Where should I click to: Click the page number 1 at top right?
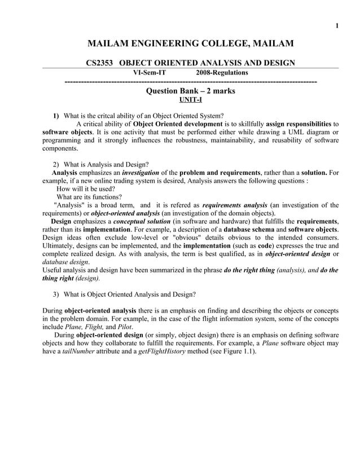pyautogui.click(x=337, y=25)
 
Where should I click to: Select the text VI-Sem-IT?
pyautogui.click(x=149, y=72)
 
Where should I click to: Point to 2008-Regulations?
pyautogui.click(x=222, y=72)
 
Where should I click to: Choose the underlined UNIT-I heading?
pyautogui.click(x=190, y=99)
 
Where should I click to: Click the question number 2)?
pyautogui.click(x=56, y=165)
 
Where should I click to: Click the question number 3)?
pyautogui.click(x=56, y=294)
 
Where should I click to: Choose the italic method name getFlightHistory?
pyautogui.click(x=165, y=351)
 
